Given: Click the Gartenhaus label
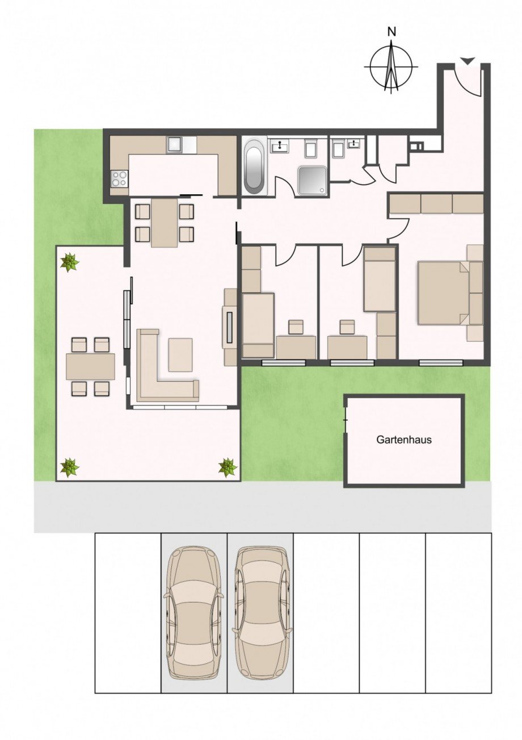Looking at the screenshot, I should (404, 440).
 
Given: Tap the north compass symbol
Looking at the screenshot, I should (391, 67).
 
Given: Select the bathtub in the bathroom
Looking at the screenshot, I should (254, 166).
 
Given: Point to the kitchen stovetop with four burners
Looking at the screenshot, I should (120, 179).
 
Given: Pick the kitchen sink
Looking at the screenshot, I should (175, 145).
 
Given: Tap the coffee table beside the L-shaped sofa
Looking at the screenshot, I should (180, 354).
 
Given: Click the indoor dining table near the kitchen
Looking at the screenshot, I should (165, 222).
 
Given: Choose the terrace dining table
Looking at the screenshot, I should (90, 366).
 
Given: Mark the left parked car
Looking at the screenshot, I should (193, 612).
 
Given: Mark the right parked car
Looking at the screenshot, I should (262, 612).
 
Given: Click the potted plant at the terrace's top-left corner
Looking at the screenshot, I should (70, 262).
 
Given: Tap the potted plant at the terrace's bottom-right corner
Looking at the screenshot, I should (228, 467).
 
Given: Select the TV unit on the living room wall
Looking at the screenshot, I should (230, 327).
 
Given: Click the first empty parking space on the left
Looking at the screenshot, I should (128, 612).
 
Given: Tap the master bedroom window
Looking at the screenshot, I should (433, 362).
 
